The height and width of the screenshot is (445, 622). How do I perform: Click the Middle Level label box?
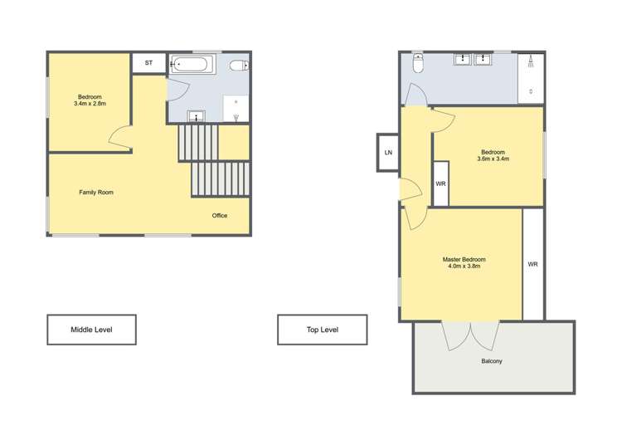click(91, 330)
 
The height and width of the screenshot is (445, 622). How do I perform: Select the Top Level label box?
click(322, 330)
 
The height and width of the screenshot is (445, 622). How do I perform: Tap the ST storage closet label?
click(149, 63)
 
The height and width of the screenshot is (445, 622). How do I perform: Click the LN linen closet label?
click(388, 153)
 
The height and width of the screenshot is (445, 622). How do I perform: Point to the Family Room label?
click(96, 193)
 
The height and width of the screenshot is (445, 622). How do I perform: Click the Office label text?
click(220, 216)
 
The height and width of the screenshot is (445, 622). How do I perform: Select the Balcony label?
click(492, 361)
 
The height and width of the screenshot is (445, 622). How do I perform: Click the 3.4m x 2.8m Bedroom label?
click(90, 100)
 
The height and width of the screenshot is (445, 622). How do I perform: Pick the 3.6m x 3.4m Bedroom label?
click(493, 155)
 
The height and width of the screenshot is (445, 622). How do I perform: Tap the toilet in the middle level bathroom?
click(238, 65)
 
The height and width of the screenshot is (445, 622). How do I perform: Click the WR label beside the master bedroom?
click(533, 264)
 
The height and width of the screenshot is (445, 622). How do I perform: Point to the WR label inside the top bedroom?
click(441, 183)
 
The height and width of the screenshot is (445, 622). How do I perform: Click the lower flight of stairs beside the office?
click(220, 179)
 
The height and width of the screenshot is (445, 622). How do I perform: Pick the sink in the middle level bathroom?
click(197, 115)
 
